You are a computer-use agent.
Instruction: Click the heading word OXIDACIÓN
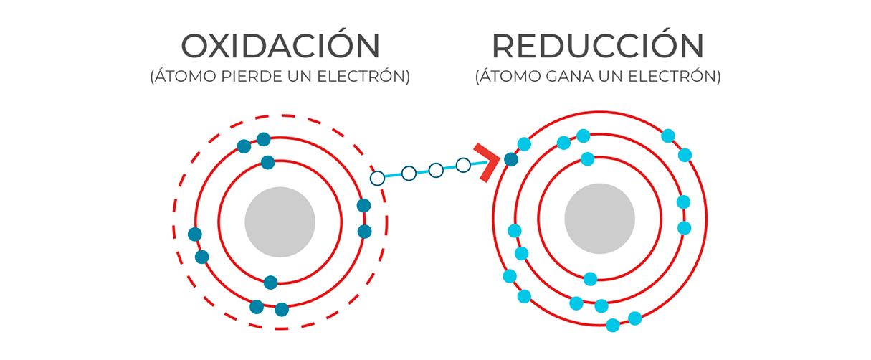[280, 47]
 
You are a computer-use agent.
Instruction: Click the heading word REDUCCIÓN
[597, 47]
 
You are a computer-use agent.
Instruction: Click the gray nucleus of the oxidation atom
[280, 222]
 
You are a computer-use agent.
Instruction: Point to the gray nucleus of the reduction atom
[599, 219]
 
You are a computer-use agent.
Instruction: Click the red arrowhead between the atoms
[487, 163]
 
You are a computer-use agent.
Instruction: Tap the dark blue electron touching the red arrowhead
[510, 160]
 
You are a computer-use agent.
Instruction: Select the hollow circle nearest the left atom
[377, 178]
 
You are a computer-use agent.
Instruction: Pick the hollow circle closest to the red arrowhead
[463, 166]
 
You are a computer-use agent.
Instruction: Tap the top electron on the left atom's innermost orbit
[268, 163]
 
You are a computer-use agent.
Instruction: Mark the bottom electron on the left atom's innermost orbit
[270, 283]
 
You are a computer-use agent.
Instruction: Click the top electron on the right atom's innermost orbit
[588, 158]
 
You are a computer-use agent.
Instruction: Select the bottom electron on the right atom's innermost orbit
[590, 279]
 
